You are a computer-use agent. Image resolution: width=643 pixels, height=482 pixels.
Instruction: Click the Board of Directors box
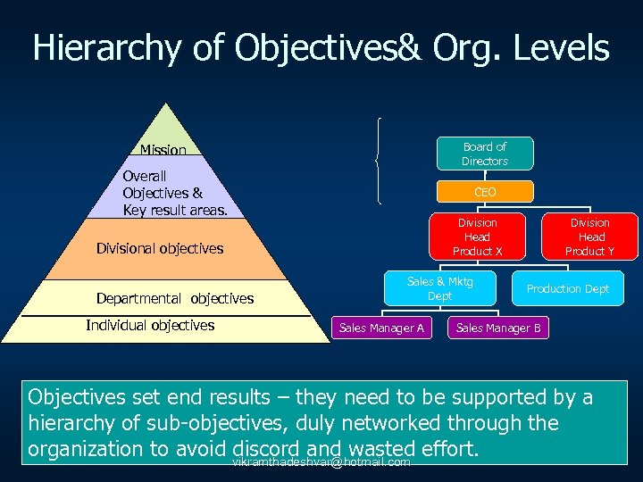(484, 154)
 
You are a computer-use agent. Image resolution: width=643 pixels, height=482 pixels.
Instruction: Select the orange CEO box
(485, 192)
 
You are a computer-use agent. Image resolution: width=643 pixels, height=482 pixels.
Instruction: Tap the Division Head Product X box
(477, 237)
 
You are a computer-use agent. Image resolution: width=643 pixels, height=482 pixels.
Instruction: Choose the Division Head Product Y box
(589, 237)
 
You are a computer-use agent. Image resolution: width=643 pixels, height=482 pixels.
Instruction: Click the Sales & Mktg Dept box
(439, 288)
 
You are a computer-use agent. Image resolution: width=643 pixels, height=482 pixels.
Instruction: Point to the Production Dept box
(567, 288)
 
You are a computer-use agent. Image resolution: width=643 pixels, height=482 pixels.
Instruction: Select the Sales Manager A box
(381, 328)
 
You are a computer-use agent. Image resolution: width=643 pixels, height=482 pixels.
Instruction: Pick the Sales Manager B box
(497, 328)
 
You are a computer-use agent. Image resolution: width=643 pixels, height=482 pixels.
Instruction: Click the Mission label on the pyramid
(163, 150)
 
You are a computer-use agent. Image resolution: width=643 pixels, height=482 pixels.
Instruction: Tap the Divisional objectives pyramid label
(160, 248)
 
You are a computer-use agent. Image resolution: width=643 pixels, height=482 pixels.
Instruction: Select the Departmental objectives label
(175, 298)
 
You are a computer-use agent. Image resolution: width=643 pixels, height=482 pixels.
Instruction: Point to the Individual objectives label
(150, 325)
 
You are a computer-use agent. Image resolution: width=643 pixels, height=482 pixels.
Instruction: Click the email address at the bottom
(321, 462)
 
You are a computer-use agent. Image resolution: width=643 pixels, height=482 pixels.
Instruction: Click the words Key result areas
(176, 210)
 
